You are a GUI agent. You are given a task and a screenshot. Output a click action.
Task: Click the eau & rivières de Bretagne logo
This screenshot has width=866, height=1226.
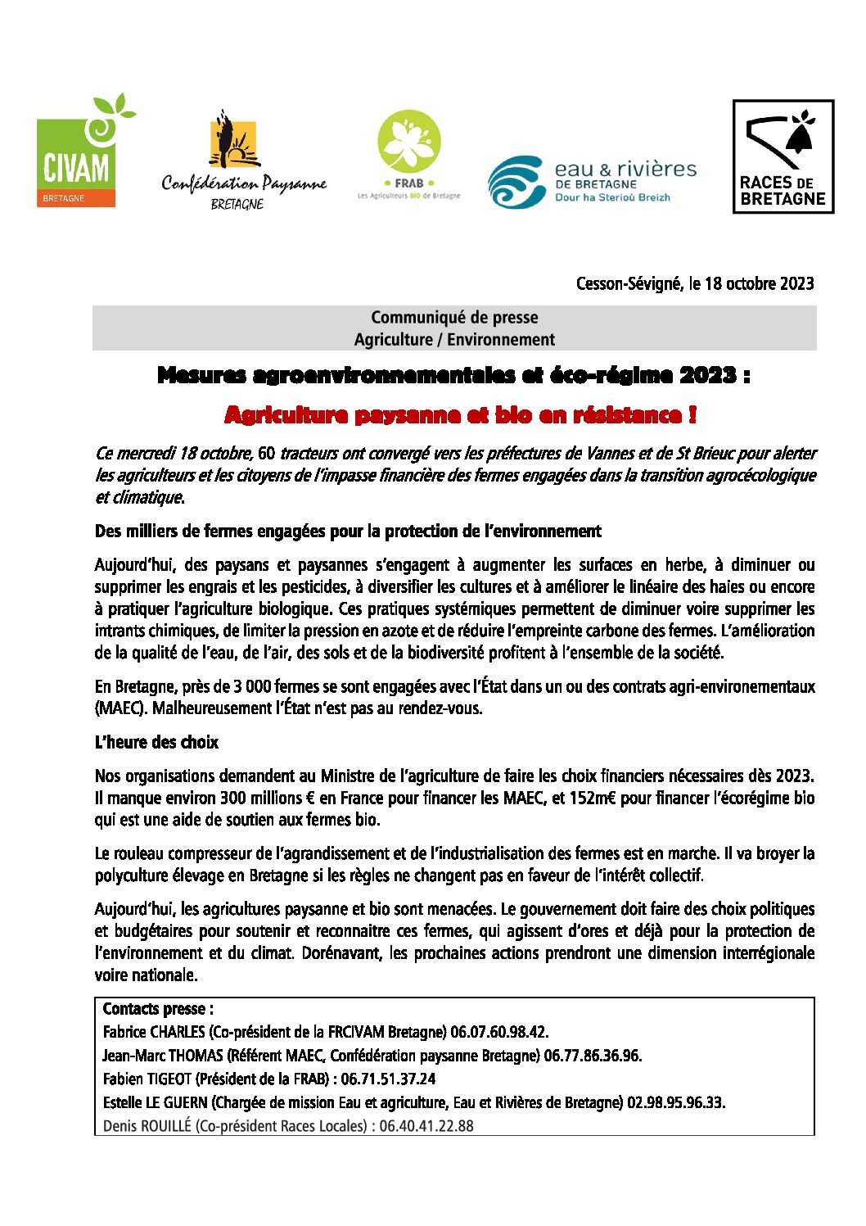[592, 182]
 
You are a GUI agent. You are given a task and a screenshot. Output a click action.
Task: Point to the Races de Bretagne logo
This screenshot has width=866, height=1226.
[783, 156]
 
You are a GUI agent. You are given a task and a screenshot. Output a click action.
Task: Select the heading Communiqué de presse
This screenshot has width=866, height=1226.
[454, 317]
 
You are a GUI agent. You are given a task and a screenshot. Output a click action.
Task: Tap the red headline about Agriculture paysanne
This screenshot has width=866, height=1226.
[461, 414]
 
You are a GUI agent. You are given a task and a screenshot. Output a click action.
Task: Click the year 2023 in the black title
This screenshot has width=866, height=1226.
[707, 375]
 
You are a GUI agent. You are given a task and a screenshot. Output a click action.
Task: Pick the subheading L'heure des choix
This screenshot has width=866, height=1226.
[156, 742]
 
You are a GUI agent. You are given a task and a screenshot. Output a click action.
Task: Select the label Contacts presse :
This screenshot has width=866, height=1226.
[158, 1009]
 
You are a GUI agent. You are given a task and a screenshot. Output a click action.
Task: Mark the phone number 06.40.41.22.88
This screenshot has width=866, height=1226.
[426, 1126]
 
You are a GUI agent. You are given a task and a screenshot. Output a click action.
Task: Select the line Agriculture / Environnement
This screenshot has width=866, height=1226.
[454, 339]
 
